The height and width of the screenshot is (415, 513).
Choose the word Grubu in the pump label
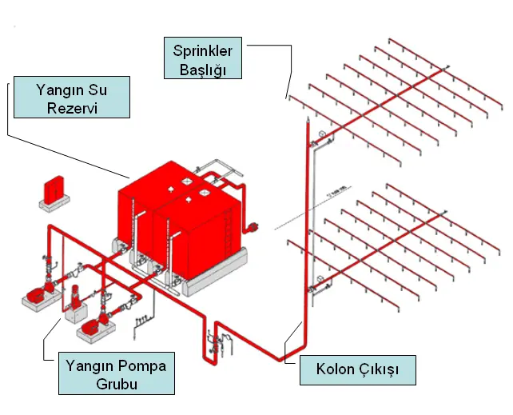[115, 384]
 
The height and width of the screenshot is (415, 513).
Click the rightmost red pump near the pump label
[93, 322]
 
